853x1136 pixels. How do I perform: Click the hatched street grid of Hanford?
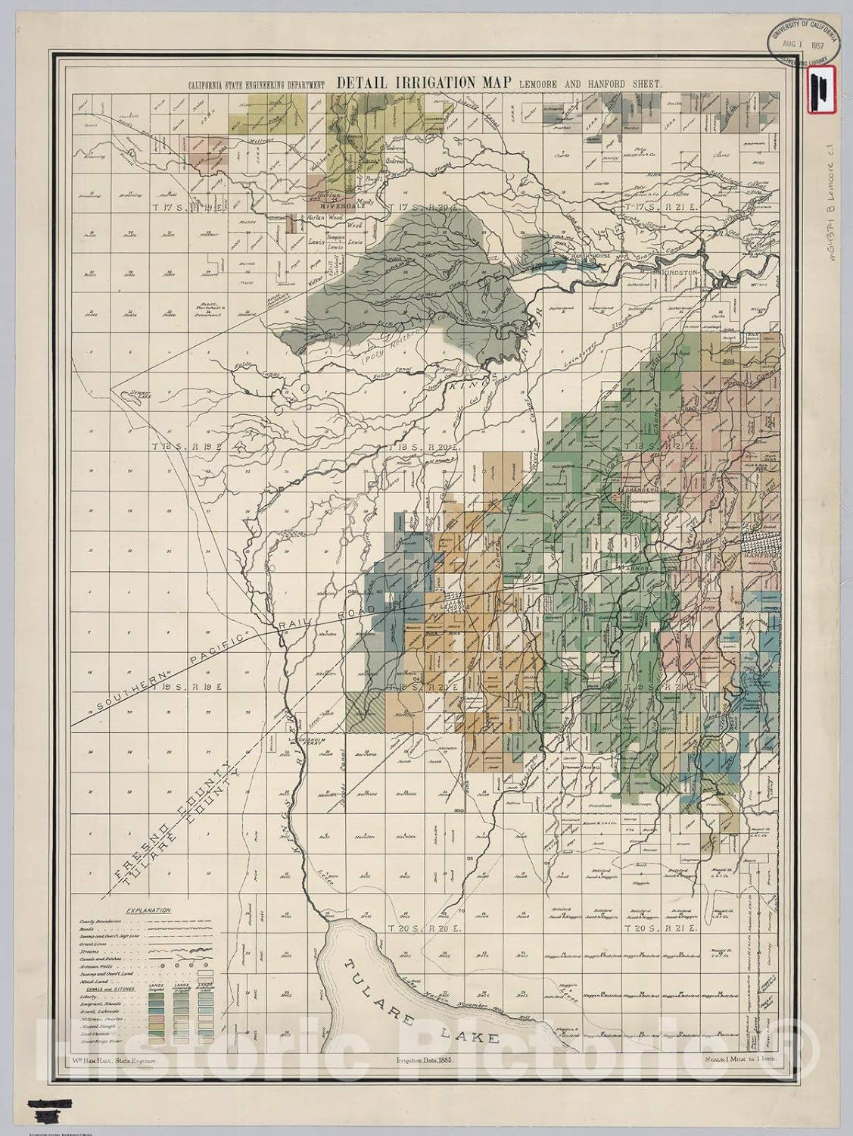click(761, 541)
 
